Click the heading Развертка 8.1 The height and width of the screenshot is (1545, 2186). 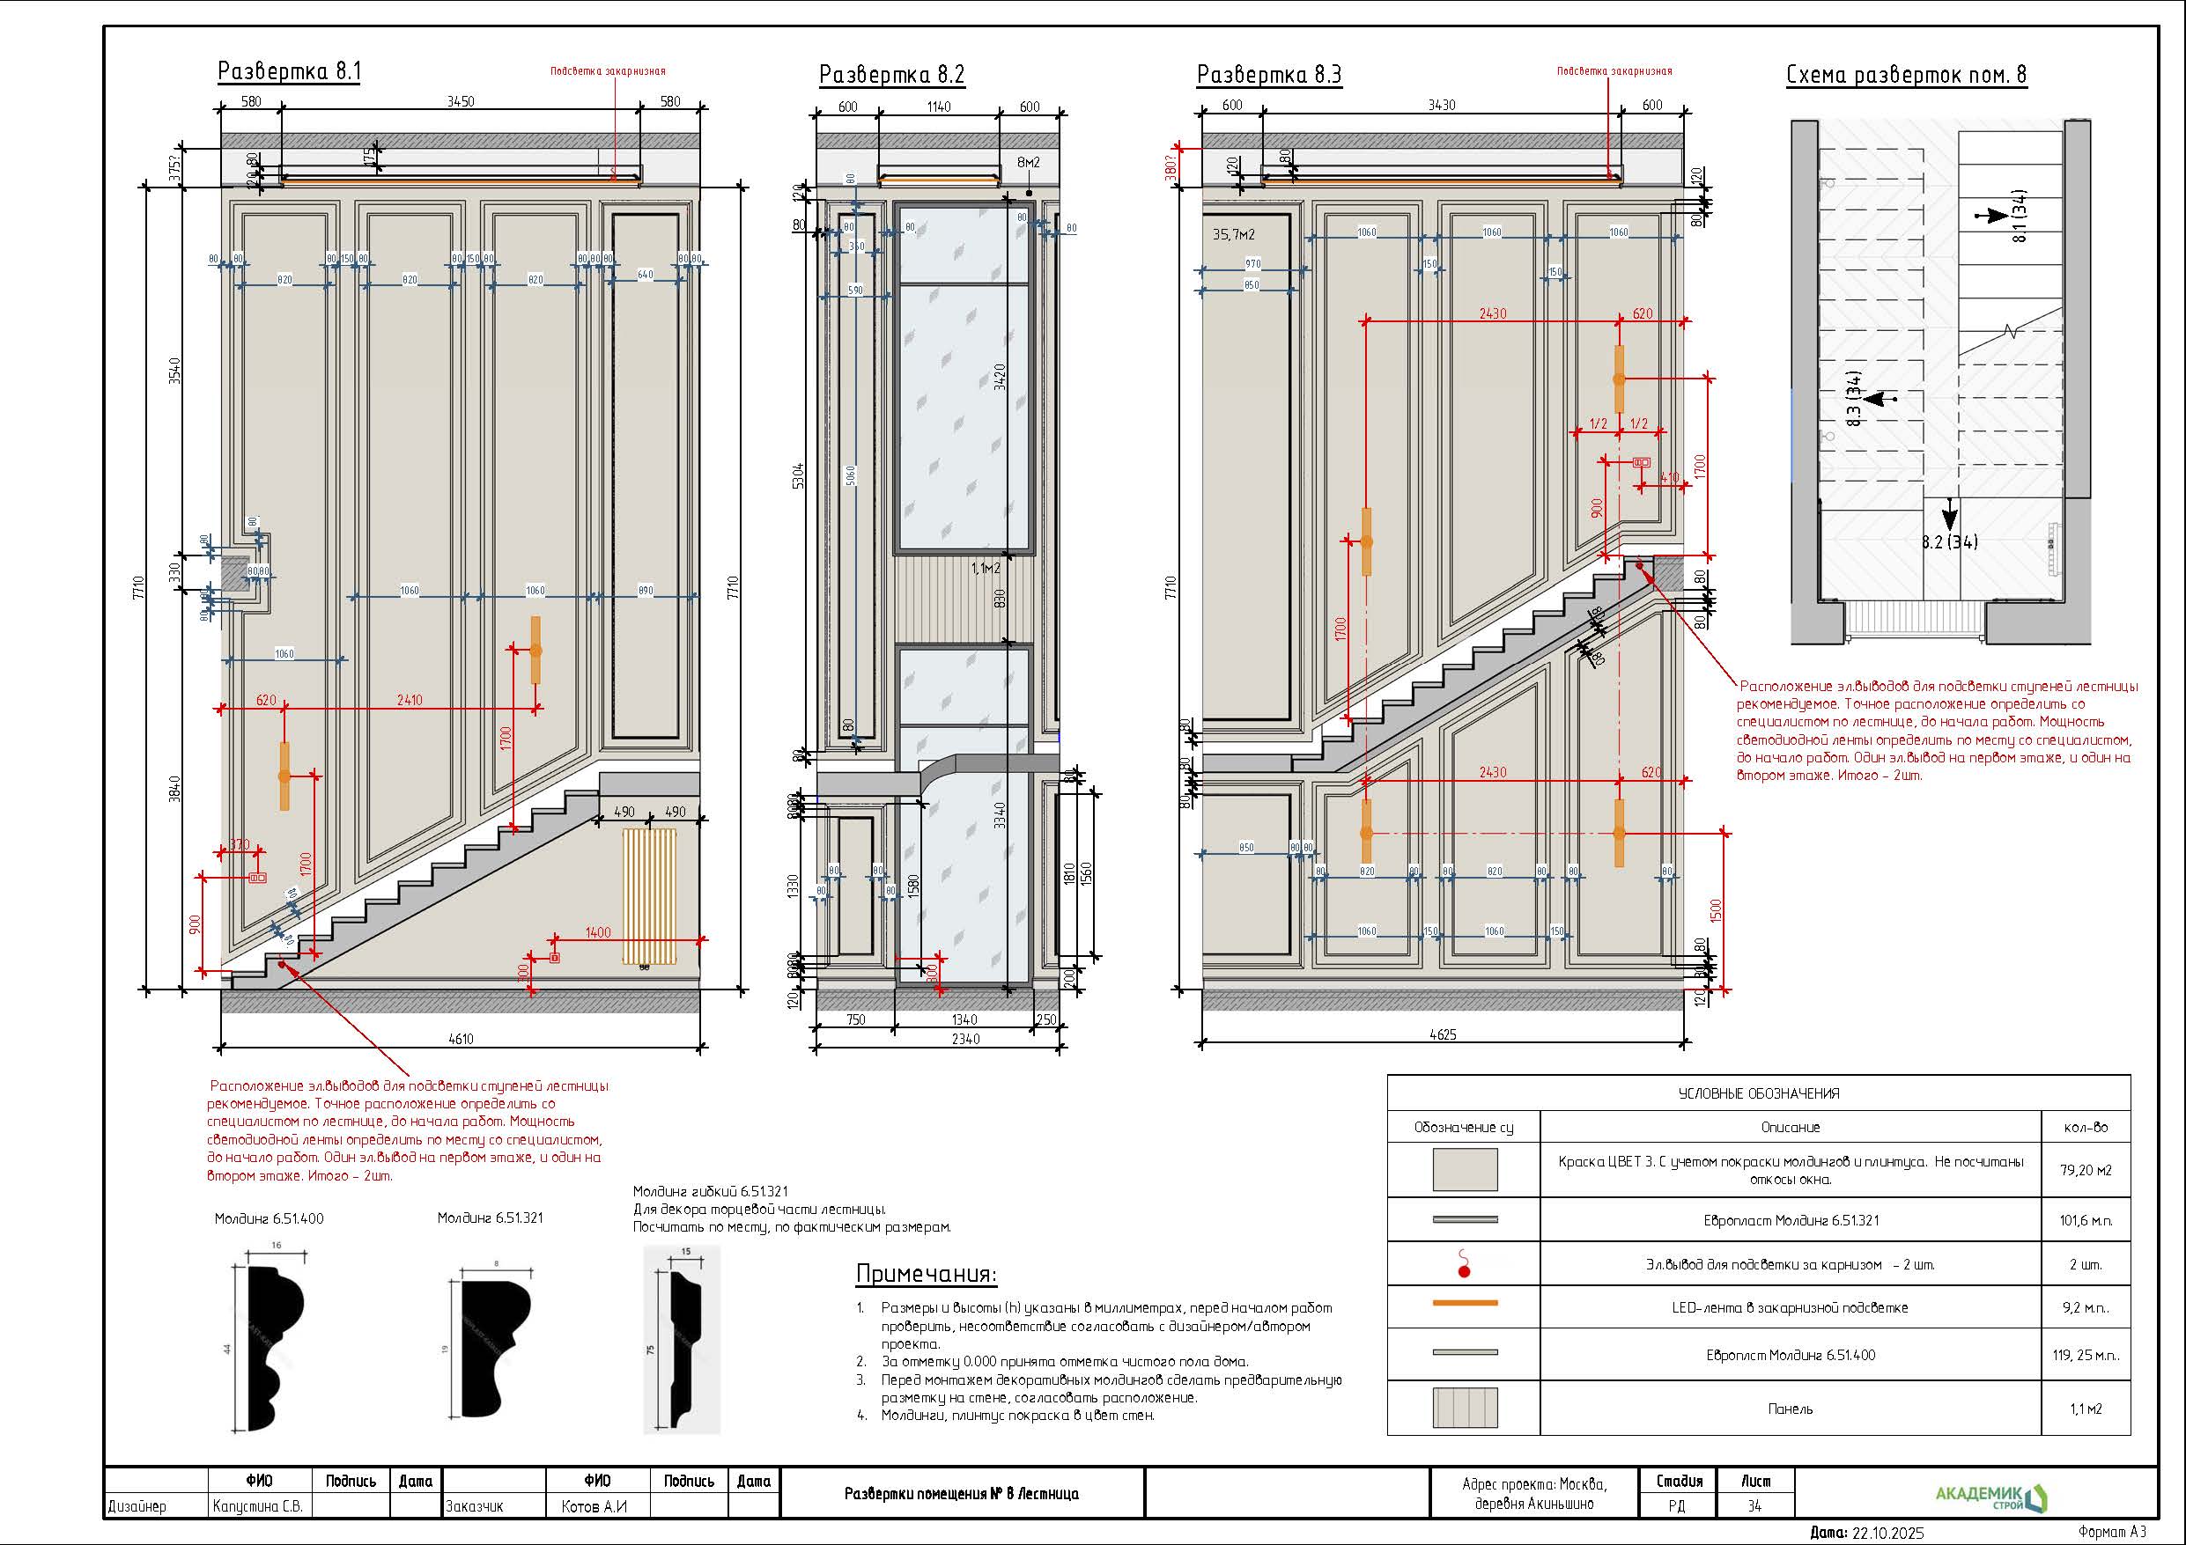click(289, 71)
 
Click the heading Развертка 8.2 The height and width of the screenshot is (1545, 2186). click(891, 74)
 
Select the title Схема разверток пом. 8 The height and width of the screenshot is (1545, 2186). click(1906, 75)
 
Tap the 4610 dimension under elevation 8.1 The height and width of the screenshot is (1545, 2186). click(461, 1039)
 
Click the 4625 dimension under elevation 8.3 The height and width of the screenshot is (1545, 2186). click(1443, 1034)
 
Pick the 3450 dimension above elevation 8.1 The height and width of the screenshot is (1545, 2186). click(460, 102)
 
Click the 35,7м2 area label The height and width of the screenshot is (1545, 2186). click(1233, 234)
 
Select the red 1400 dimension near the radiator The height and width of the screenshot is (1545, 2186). click(598, 932)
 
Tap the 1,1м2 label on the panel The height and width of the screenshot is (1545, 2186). click(986, 569)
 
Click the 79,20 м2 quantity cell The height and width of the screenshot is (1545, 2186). click(2085, 1170)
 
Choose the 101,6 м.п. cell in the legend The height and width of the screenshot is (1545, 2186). click(2085, 1220)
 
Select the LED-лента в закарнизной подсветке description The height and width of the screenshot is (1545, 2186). click(1790, 1308)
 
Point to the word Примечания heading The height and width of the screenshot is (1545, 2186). click(926, 1274)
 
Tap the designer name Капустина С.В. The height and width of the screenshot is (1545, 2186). click(258, 1507)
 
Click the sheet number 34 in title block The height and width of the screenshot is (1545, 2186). click(1754, 1506)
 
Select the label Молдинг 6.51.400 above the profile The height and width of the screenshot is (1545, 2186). click(269, 1218)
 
